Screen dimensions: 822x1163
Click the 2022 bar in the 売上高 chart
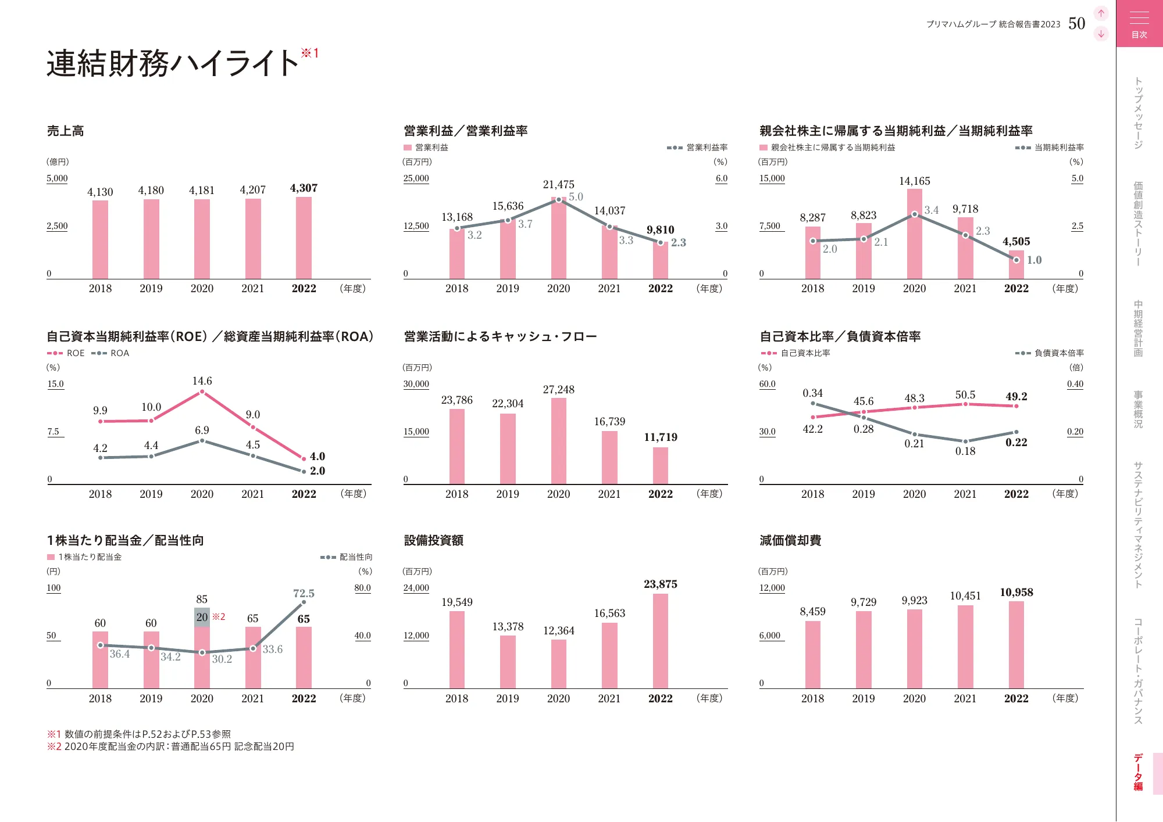(x=304, y=238)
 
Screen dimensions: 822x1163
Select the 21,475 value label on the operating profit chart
(x=558, y=185)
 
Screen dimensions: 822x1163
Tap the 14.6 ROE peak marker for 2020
(x=202, y=392)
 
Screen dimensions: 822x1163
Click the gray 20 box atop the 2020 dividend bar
(x=202, y=617)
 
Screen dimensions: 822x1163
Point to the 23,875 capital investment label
(x=660, y=584)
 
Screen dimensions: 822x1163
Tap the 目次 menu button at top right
(x=1139, y=24)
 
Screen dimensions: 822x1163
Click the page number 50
(x=1076, y=24)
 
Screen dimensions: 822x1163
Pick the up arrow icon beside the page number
(x=1101, y=13)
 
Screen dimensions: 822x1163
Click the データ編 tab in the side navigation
(x=1138, y=773)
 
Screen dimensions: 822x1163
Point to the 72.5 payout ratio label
(x=304, y=594)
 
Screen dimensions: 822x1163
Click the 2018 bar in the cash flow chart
(x=456, y=446)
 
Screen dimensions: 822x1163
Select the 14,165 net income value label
(x=914, y=181)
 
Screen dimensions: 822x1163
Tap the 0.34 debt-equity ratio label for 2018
(x=812, y=393)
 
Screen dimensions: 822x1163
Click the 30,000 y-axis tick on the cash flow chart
(x=416, y=384)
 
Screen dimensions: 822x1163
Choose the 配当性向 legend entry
(x=347, y=557)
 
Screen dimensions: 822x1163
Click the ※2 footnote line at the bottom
(x=170, y=746)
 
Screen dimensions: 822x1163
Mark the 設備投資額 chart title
(x=433, y=541)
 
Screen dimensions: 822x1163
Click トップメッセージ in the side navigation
(x=1138, y=113)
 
